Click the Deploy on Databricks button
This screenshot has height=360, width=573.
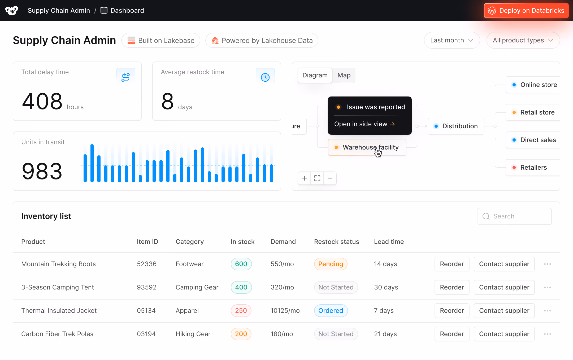pyautogui.click(x=526, y=11)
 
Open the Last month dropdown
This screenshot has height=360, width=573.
pyautogui.click(x=452, y=40)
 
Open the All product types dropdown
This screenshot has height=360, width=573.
pyautogui.click(x=523, y=40)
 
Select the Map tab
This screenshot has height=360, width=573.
pyautogui.click(x=344, y=75)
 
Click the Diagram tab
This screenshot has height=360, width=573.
pyautogui.click(x=315, y=75)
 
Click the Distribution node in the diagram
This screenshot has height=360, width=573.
pyautogui.click(x=456, y=126)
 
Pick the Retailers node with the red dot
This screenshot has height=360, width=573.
pyautogui.click(x=533, y=168)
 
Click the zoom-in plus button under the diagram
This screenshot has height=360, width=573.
pyautogui.click(x=305, y=178)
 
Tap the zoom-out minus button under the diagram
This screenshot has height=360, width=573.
pyautogui.click(x=330, y=178)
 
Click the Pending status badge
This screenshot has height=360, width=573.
pyautogui.click(x=331, y=264)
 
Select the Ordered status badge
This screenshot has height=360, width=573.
pyautogui.click(x=331, y=311)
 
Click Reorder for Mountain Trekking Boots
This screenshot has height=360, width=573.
pyautogui.click(x=452, y=264)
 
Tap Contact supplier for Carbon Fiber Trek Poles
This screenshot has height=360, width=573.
pyautogui.click(x=504, y=334)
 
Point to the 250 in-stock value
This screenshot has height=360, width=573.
pyautogui.click(x=241, y=311)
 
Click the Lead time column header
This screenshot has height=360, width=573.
pyautogui.click(x=389, y=242)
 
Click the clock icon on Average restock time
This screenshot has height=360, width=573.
pyautogui.click(x=265, y=77)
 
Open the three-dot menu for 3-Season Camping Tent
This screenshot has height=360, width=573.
pyautogui.click(x=547, y=287)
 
